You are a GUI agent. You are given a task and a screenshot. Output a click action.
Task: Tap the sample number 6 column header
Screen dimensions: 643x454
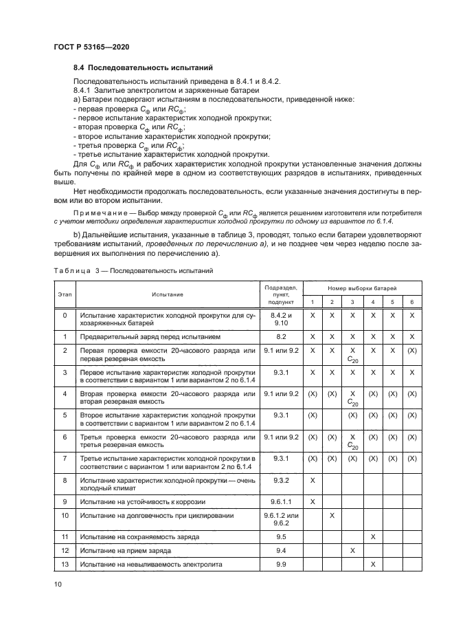tap(412, 303)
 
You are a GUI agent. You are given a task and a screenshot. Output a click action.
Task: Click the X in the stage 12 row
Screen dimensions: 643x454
tap(352, 551)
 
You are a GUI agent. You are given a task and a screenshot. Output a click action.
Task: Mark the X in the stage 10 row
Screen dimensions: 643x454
tap(332, 515)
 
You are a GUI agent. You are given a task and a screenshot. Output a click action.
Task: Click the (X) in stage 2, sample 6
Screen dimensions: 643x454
tap(412, 351)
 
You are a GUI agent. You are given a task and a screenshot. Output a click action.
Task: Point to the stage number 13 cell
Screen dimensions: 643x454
tap(65, 565)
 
